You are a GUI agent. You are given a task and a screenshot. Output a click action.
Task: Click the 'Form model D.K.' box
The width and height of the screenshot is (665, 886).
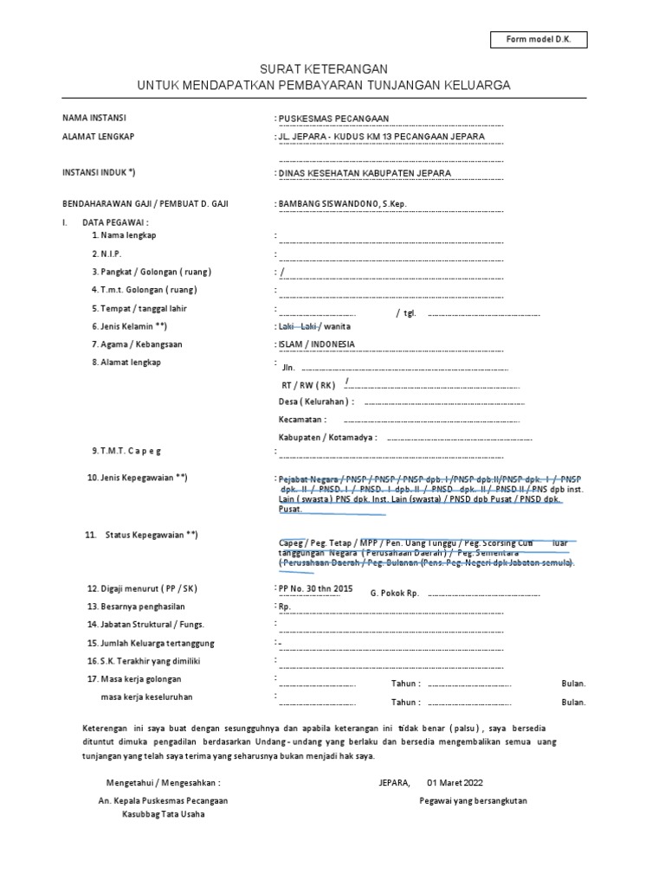[x=538, y=40]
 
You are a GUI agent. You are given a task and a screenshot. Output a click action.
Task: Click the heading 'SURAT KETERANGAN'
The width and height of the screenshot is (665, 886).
[x=325, y=69]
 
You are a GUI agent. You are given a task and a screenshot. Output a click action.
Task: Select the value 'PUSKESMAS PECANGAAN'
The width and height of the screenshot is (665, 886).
[x=333, y=119]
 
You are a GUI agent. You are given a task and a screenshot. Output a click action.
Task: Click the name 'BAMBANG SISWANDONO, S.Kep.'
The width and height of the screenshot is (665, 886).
[x=342, y=204]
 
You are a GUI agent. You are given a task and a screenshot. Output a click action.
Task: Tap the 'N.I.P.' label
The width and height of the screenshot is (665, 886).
[x=107, y=254]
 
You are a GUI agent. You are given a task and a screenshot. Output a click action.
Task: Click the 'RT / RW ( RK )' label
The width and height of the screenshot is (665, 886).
[x=308, y=384]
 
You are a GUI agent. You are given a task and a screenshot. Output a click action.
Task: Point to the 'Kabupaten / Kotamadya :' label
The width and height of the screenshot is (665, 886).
[x=328, y=438]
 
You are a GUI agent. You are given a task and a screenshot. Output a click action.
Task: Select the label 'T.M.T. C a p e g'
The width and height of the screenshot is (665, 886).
[x=126, y=451]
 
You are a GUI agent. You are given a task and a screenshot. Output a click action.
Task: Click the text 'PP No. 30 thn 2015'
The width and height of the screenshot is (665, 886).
[x=315, y=588]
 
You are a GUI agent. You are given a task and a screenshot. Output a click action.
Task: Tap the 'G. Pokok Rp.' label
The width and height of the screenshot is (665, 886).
[x=395, y=594]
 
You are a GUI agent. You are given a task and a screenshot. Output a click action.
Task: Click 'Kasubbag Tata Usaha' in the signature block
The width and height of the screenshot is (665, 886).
[x=163, y=815]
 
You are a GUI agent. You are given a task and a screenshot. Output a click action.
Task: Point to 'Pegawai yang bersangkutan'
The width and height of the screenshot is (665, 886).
[x=473, y=800]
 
